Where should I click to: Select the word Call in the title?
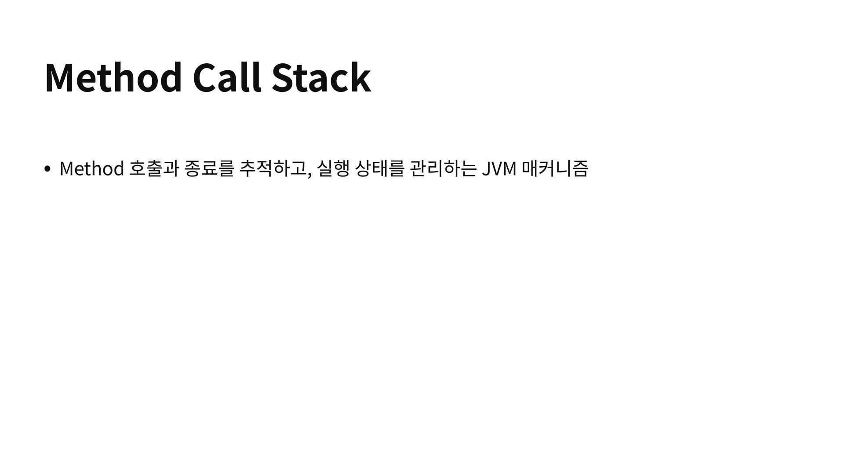pos(227,78)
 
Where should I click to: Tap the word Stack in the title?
pos(321,78)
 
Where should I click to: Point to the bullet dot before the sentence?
pos(47,169)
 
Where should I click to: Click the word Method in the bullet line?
pos(91,168)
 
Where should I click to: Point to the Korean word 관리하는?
pos(442,168)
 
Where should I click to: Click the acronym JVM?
pos(499,168)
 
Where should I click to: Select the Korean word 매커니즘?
pos(554,168)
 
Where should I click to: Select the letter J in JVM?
pos(486,168)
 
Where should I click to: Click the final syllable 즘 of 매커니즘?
pos(580,168)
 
